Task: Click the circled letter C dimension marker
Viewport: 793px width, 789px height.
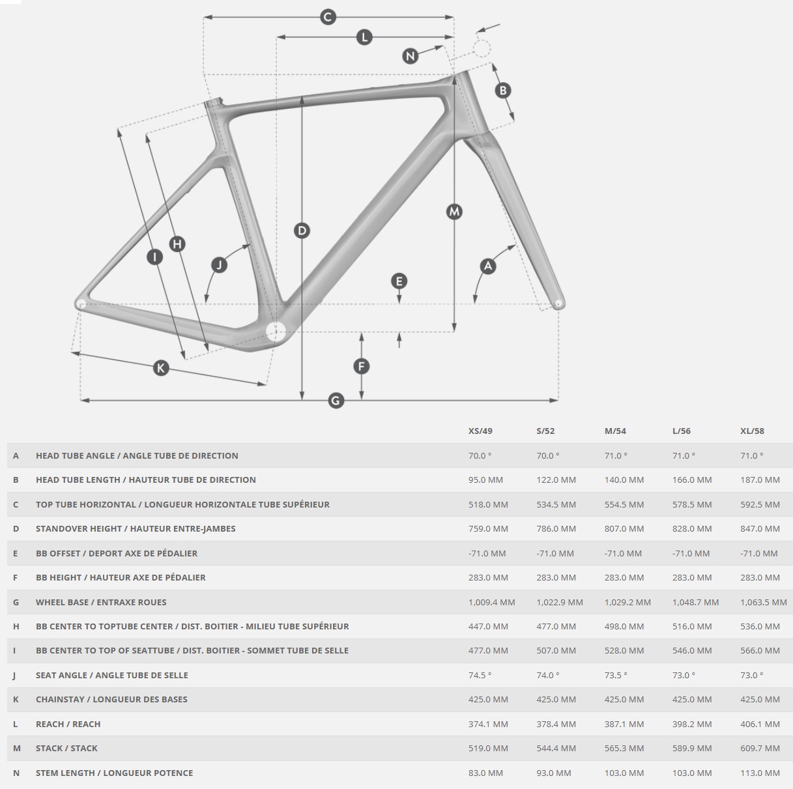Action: pyautogui.click(x=328, y=17)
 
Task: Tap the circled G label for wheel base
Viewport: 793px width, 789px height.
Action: pyautogui.click(x=336, y=399)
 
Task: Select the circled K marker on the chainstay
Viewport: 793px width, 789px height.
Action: pyautogui.click(x=160, y=368)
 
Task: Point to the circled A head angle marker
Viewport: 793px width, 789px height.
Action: pyautogui.click(x=487, y=265)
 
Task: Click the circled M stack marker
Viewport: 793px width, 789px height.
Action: pyautogui.click(x=454, y=211)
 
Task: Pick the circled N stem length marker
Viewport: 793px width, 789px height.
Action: pyautogui.click(x=410, y=56)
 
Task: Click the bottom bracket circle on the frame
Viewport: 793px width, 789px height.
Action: pyautogui.click(x=276, y=331)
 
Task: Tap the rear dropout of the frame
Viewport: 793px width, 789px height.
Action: pyautogui.click(x=80, y=304)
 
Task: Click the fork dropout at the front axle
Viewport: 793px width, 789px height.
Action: pyautogui.click(x=558, y=304)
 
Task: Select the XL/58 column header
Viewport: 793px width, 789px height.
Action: pyautogui.click(x=752, y=431)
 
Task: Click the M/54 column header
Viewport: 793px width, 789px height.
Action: pyautogui.click(x=615, y=431)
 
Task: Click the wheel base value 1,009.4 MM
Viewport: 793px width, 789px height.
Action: pyautogui.click(x=491, y=602)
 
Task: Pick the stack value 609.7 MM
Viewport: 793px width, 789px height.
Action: pyautogui.click(x=760, y=748)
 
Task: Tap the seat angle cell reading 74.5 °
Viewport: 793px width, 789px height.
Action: pyautogui.click(x=480, y=675)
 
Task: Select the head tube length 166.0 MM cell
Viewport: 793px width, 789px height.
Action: pyautogui.click(x=692, y=480)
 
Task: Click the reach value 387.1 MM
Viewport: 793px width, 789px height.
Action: pyautogui.click(x=624, y=724)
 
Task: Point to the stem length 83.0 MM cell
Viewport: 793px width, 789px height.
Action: pyautogui.click(x=485, y=773)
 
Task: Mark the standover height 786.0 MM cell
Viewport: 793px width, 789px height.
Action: pyautogui.click(x=556, y=528)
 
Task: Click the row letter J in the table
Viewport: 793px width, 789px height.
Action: pyautogui.click(x=15, y=675)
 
